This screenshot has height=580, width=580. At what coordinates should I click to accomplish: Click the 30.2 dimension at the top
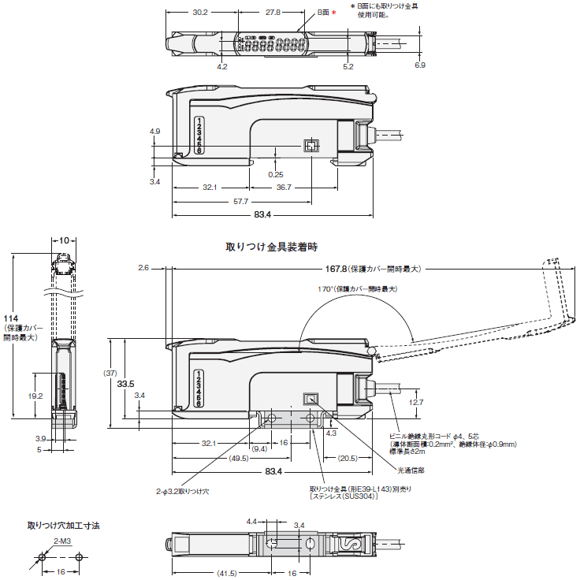[199, 13]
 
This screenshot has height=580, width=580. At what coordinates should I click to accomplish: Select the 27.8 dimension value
[273, 13]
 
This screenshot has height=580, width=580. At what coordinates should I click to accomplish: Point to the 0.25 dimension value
[276, 174]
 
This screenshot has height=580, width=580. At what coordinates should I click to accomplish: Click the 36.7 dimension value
[284, 188]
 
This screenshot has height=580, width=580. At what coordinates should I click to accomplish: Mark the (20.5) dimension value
[348, 458]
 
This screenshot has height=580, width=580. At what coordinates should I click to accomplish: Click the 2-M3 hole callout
[62, 541]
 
